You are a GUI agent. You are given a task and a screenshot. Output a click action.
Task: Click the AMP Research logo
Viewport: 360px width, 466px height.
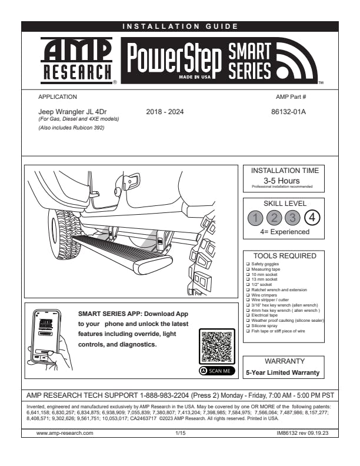[x=77, y=61]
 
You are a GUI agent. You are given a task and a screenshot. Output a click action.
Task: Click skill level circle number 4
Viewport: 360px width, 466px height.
[x=313, y=218]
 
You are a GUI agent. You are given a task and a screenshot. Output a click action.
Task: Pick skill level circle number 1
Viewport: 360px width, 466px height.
[x=255, y=218]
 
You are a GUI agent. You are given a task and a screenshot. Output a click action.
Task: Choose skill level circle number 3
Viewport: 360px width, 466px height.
[x=294, y=218]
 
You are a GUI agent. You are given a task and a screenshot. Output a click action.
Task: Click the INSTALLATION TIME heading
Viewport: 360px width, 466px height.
[x=285, y=171]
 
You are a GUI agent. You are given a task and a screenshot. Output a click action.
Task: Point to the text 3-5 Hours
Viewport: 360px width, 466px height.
[x=282, y=180]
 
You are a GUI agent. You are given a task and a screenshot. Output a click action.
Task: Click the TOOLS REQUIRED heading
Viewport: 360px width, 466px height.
[x=285, y=256]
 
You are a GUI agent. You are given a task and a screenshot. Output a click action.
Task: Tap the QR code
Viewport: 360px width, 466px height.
[x=218, y=347]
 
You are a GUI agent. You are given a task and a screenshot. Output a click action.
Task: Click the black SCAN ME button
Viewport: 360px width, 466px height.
[x=218, y=371]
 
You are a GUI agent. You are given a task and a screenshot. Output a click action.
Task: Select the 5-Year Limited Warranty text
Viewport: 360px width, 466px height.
[x=282, y=372]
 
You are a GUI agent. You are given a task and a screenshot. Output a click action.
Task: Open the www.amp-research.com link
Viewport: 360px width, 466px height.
[x=65, y=432]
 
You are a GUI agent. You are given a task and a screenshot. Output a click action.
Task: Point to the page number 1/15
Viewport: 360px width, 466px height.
[x=180, y=432]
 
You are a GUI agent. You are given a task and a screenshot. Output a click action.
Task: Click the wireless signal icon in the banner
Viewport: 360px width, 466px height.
[x=296, y=62]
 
